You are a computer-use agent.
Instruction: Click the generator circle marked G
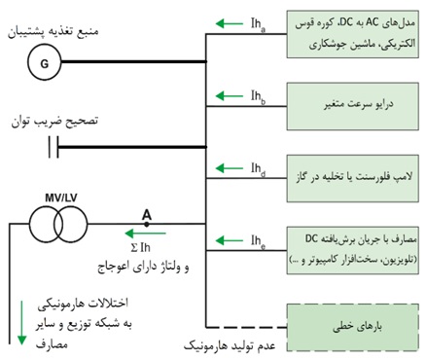(43, 61)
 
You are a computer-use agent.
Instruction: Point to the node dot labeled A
(147, 224)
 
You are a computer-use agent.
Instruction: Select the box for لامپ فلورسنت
(353, 173)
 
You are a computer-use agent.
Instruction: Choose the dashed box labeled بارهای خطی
(353, 315)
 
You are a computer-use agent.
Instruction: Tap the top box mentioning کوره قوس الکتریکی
(353, 34)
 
